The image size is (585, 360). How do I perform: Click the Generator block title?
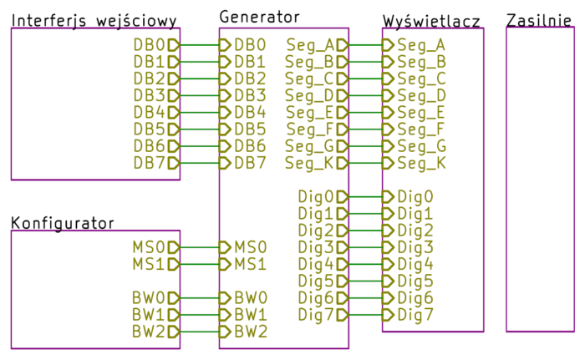259,16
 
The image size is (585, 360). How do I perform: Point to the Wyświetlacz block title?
431,21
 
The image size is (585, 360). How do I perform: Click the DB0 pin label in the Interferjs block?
150,45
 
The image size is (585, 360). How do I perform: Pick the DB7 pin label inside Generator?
250,163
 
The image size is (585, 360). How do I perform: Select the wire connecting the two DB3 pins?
200,95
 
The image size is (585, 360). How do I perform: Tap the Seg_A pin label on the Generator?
311,45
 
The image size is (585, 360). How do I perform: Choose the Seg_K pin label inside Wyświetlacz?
421,163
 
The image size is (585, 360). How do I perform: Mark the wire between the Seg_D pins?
365,95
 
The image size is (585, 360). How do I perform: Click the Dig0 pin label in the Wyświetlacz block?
415,196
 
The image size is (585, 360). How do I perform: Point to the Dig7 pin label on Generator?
316,315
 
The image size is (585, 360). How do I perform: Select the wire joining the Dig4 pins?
365,264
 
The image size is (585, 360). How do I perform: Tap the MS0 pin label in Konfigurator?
149,247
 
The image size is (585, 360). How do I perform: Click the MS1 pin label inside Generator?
250,264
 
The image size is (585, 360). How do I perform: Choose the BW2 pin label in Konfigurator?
149,332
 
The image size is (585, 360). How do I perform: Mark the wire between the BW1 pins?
200,315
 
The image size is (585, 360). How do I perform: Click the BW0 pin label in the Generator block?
250,298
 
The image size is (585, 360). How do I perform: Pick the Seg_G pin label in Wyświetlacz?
421,146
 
